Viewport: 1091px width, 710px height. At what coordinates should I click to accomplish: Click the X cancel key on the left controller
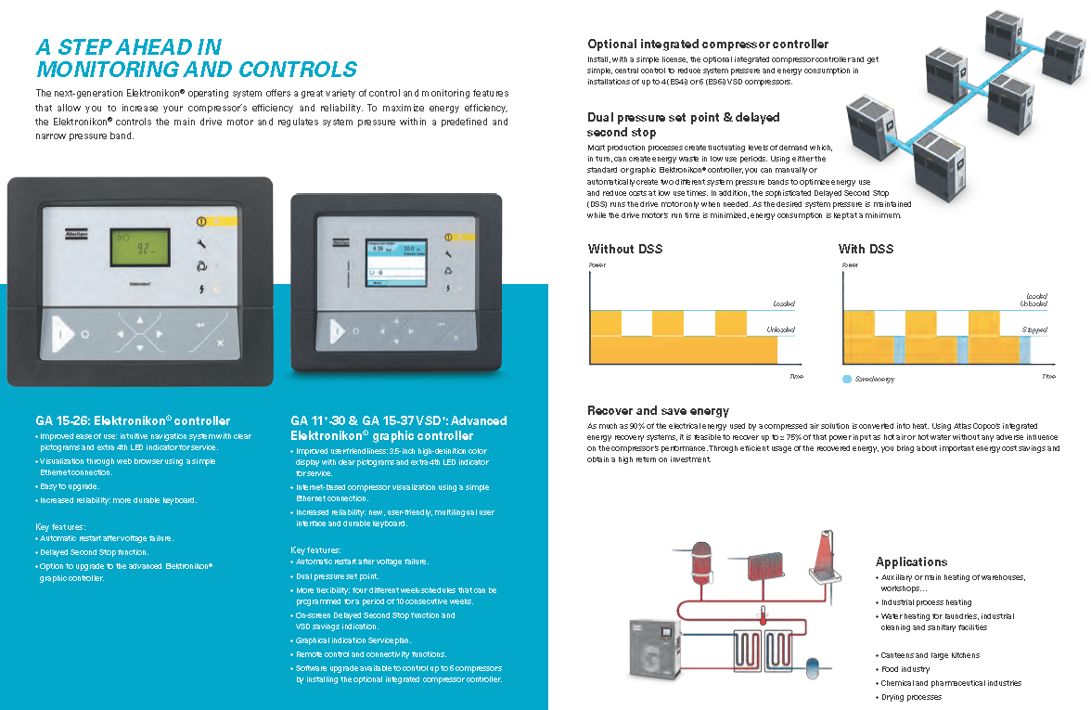[x=220, y=343]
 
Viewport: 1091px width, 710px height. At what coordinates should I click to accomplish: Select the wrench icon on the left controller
[x=202, y=243]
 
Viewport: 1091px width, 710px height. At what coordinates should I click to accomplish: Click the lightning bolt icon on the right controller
[x=450, y=289]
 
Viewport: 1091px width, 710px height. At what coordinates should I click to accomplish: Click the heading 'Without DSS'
[x=625, y=249]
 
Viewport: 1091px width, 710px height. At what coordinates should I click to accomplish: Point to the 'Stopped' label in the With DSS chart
[x=1033, y=329]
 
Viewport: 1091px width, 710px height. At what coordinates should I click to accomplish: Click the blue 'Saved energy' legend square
[x=847, y=379]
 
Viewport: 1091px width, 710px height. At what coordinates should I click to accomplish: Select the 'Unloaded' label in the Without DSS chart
[x=781, y=329]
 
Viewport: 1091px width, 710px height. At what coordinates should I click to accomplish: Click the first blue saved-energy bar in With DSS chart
[x=897, y=350]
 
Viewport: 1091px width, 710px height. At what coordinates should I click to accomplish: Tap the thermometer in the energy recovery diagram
[x=763, y=614]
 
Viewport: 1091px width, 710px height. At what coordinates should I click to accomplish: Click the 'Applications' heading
[x=911, y=562]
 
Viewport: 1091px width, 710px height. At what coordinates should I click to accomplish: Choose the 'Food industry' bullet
[x=905, y=669]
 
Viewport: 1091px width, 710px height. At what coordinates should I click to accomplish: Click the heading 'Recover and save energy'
[x=658, y=410]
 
